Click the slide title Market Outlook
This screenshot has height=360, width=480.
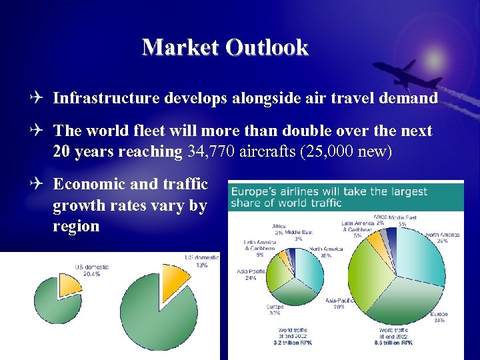225,47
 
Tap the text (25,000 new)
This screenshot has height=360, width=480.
346,152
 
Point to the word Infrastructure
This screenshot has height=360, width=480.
106,99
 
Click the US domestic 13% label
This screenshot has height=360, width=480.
201,261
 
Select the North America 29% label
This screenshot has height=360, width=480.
442,239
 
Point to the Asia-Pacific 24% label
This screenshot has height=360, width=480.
251,275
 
